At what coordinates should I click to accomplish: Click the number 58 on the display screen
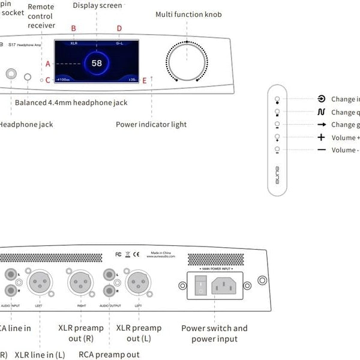[97, 63]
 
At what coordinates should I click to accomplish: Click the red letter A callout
[47, 64]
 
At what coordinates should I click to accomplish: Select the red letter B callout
[74, 28]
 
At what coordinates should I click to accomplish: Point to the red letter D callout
[119, 28]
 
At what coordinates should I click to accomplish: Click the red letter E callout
[145, 80]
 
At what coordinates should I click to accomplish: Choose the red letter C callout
[47, 80]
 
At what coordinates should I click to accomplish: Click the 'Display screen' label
[97, 5]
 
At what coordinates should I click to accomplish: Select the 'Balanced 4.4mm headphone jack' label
[71, 103]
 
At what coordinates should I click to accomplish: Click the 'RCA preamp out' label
[109, 355]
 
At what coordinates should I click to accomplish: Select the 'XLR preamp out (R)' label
[81, 334]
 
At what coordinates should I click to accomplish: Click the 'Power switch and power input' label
[214, 334]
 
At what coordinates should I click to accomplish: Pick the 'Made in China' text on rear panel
[163, 253]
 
